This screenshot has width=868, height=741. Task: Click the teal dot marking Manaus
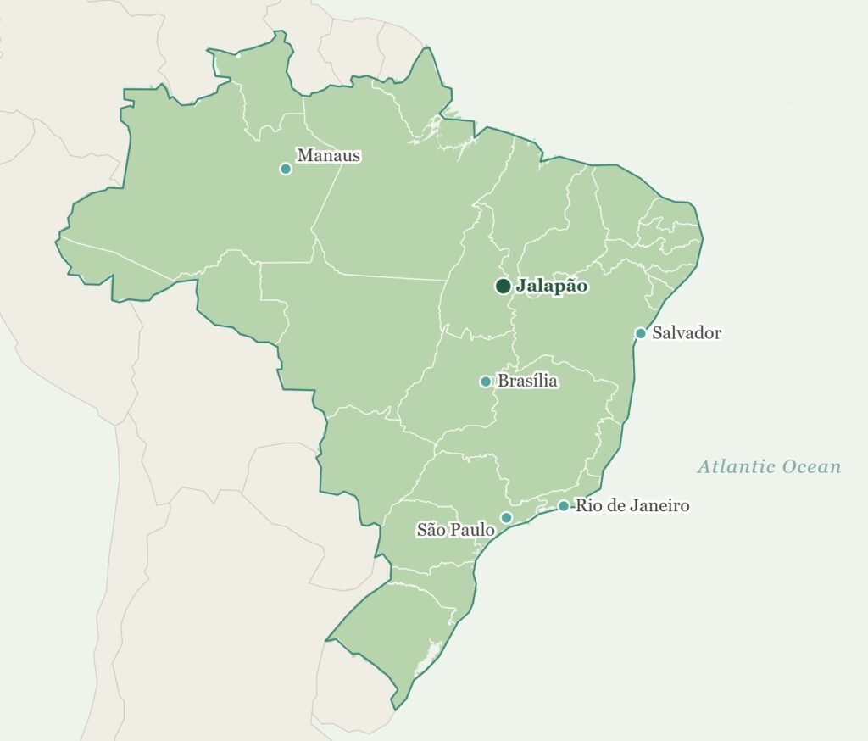(x=286, y=169)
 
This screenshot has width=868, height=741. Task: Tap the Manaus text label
(x=329, y=156)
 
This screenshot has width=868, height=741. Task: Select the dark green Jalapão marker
(x=503, y=287)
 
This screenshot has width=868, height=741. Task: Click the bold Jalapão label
(x=552, y=287)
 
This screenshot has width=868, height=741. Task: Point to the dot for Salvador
(x=641, y=333)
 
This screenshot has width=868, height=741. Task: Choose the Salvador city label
(x=687, y=333)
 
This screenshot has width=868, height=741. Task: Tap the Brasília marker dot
(x=486, y=382)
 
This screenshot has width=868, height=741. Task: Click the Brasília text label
(x=527, y=382)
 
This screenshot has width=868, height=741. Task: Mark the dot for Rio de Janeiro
(x=563, y=506)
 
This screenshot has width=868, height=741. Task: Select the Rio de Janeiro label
(x=632, y=506)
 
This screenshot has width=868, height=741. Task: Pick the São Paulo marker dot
(x=506, y=518)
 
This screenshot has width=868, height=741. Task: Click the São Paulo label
(x=455, y=530)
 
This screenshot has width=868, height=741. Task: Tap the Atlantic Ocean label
(x=769, y=466)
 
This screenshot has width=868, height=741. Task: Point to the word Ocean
(x=812, y=466)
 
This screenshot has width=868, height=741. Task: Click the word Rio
(x=588, y=506)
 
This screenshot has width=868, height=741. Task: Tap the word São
(x=431, y=530)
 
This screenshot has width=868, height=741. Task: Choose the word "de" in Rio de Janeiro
(x=614, y=506)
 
